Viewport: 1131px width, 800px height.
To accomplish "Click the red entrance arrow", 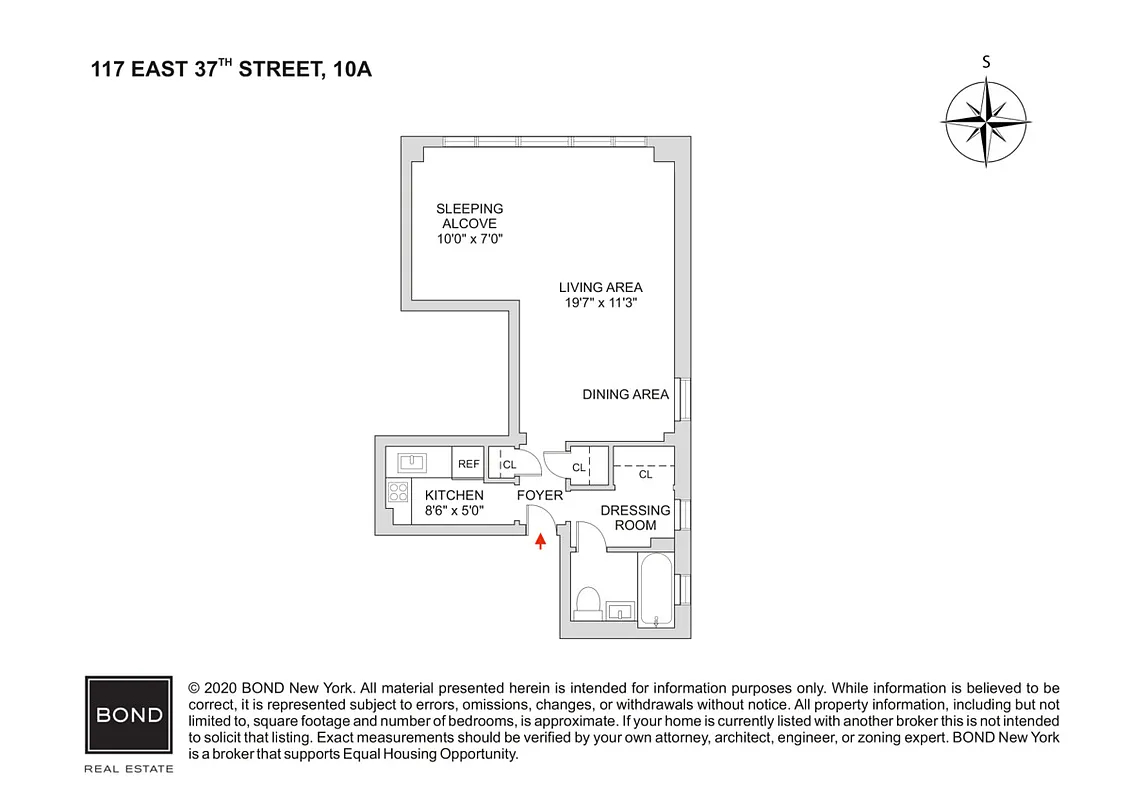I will tap(541, 541).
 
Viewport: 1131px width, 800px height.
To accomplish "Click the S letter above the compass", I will tap(987, 62).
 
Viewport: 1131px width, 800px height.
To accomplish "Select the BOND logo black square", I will tap(129, 715).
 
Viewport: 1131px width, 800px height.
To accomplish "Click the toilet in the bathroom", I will tap(587, 603).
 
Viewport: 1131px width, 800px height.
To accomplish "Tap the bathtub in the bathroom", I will tap(657, 590).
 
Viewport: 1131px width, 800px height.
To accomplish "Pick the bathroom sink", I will tap(620, 610).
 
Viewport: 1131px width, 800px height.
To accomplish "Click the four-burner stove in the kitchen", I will tap(398, 491).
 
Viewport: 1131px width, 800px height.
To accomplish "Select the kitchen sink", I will tap(412, 462).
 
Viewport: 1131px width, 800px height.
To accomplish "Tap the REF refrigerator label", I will tap(468, 464).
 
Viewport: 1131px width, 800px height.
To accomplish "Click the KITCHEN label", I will tap(454, 495).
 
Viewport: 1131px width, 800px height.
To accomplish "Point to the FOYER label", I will tap(539, 495).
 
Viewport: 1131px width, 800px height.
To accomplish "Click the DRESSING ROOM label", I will tap(635, 518).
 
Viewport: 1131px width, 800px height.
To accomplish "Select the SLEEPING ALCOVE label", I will tap(469, 216).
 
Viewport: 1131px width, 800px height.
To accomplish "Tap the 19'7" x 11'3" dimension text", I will tap(600, 302).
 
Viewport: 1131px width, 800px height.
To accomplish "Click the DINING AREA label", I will tap(625, 394).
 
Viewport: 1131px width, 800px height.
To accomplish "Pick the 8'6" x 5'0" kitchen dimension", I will tap(454, 510).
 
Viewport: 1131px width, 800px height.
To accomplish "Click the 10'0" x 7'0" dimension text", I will tap(469, 239).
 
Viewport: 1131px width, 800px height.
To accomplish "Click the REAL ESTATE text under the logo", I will tap(129, 768).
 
